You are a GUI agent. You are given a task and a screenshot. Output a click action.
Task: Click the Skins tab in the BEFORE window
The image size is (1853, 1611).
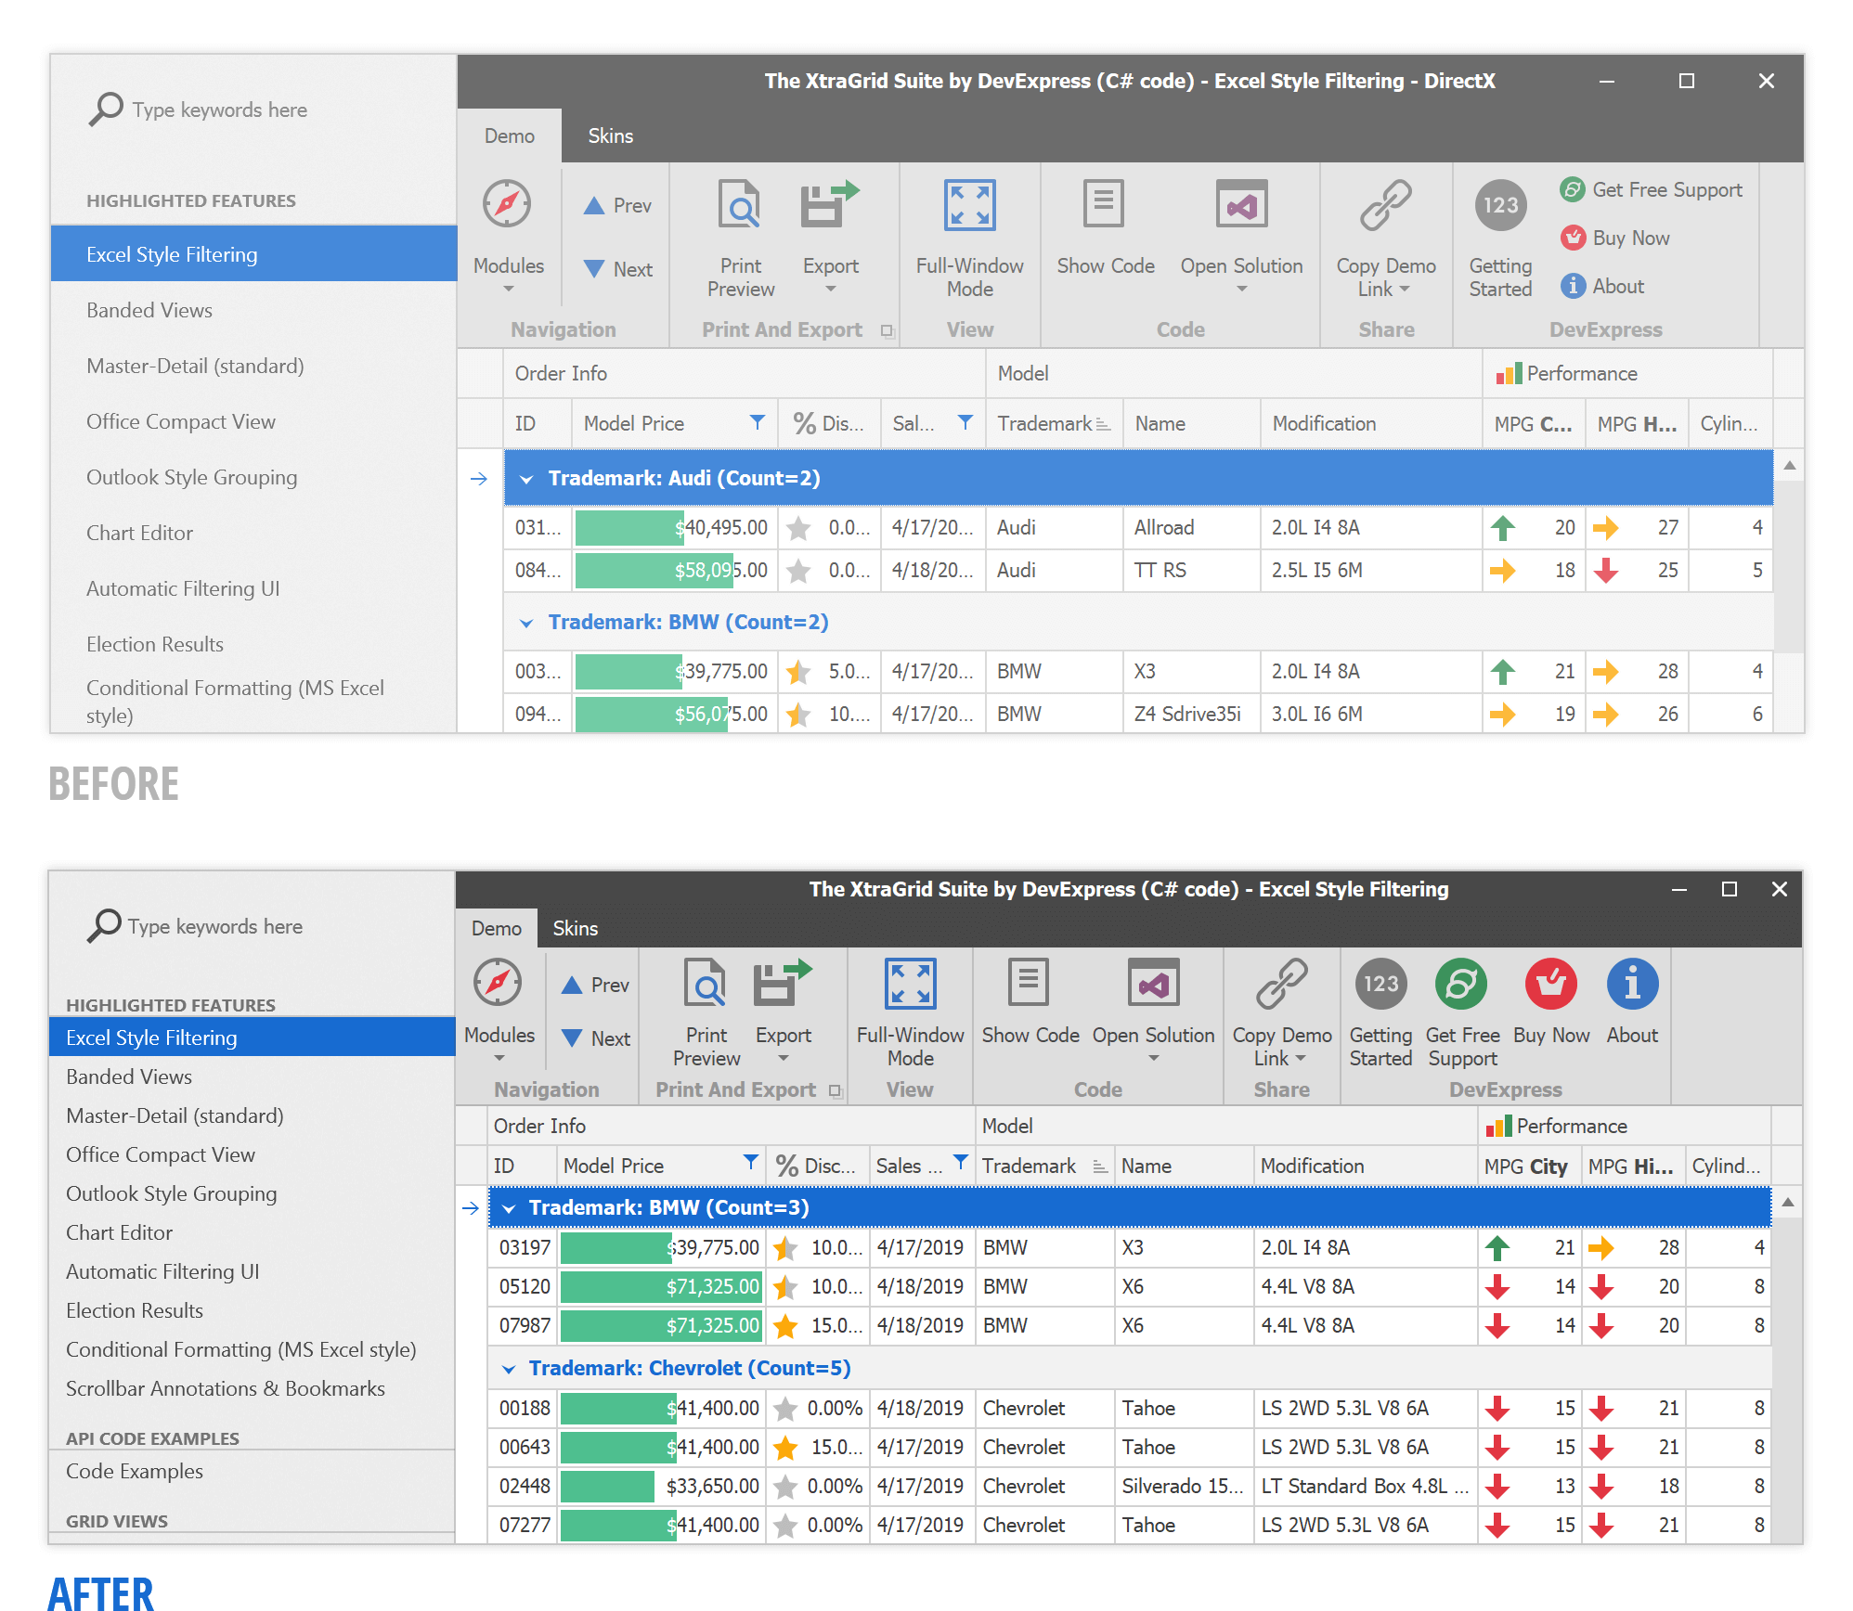pyautogui.click(x=610, y=135)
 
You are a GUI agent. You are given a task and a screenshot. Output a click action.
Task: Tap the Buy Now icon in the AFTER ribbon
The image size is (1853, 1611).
pyautogui.click(x=1550, y=984)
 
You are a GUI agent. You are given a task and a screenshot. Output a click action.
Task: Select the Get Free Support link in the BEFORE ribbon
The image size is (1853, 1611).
pyautogui.click(x=1666, y=190)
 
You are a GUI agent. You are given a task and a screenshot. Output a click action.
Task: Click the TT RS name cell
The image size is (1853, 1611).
pyautogui.click(x=1160, y=571)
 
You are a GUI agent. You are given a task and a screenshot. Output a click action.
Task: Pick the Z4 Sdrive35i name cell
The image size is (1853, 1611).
pyautogui.click(x=1186, y=715)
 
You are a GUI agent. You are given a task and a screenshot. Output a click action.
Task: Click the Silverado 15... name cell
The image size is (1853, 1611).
pyautogui.click(x=1181, y=1487)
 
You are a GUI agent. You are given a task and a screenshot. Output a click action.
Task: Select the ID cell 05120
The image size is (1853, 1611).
pyautogui.click(x=525, y=1287)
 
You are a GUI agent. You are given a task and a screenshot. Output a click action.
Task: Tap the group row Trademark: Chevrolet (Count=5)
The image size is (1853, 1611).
pyautogui.click(x=689, y=1369)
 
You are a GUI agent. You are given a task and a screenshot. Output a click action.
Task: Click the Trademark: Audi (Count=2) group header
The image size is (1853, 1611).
pyautogui.click(x=683, y=479)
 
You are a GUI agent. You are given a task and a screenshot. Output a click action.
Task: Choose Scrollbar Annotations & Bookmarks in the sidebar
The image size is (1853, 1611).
pyautogui.click(x=225, y=1389)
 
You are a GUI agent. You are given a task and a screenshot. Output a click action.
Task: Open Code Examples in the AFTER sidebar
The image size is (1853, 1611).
pyautogui.click(x=134, y=1472)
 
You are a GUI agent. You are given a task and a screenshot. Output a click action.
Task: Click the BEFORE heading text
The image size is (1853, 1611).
pyautogui.click(x=113, y=784)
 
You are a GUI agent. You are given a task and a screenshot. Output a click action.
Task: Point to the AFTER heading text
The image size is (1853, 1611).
pyautogui.click(x=100, y=1592)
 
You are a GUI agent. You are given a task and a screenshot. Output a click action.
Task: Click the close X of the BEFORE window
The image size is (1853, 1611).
pyautogui.click(x=1766, y=82)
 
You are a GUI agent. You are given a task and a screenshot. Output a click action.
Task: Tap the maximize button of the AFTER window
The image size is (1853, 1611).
pyautogui.click(x=1729, y=890)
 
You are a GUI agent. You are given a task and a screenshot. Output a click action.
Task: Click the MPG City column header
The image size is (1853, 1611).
pyautogui.click(x=1525, y=1166)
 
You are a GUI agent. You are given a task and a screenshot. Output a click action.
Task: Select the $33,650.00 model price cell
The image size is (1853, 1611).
pyautogui.click(x=712, y=1487)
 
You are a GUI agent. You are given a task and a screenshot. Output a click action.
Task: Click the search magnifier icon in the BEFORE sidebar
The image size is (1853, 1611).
pyautogui.click(x=106, y=109)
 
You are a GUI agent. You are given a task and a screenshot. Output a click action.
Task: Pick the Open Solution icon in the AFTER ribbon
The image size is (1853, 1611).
pyautogui.click(x=1153, y=983)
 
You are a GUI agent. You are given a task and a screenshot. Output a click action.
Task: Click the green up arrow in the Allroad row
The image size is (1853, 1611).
pyautogui.click(x=1502, y=528)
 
